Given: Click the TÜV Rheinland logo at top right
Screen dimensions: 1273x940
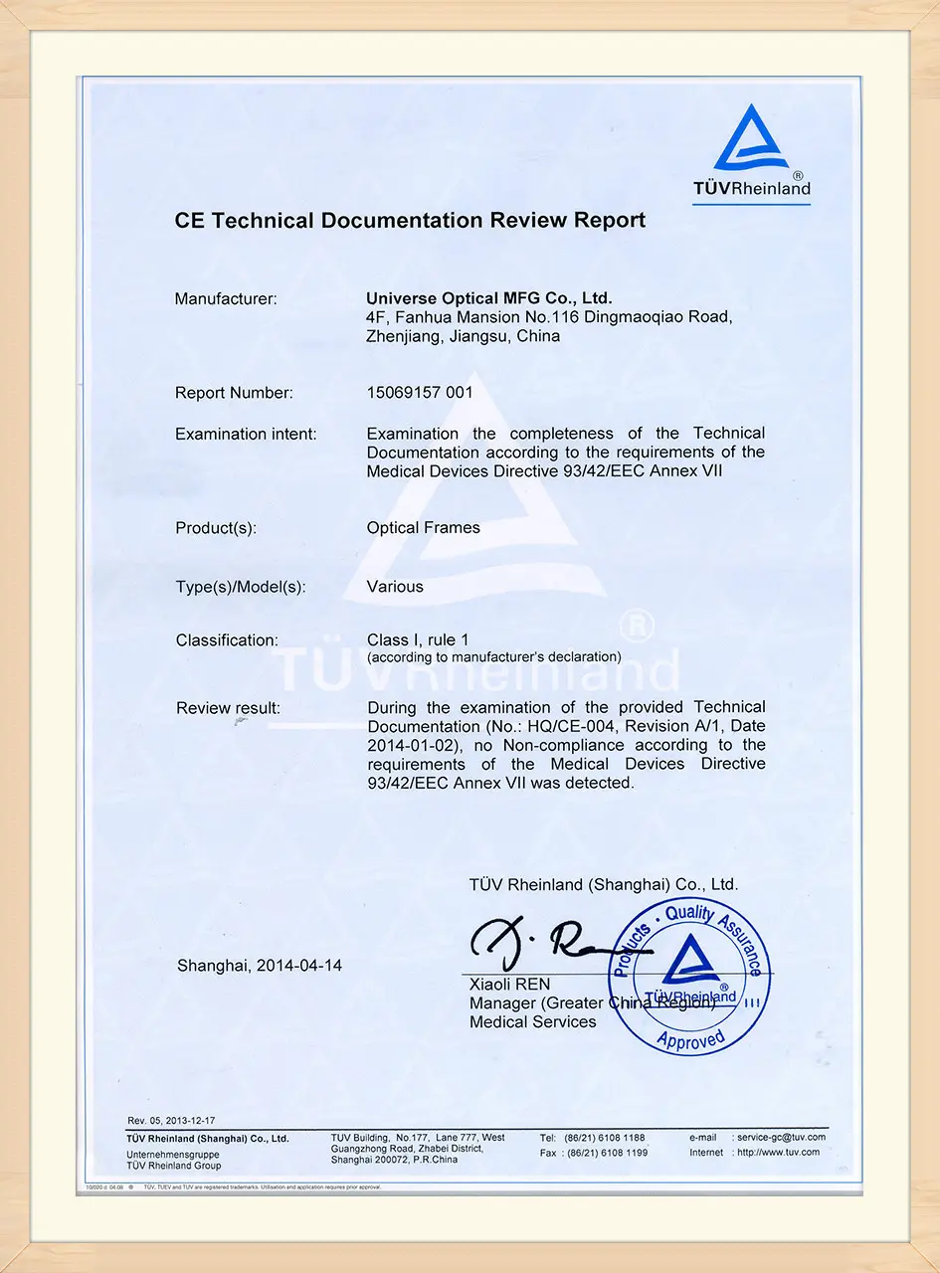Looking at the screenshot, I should click(x=752, y=153).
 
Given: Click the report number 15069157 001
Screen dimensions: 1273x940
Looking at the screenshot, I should click(x=420, y=393).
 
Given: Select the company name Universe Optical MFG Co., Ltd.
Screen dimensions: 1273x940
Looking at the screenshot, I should click(x=489, y=297).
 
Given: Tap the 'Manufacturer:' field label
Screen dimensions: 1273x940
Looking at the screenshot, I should click(x=226, y=298).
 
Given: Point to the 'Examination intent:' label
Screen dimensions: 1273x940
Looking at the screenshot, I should click(x=246, y=434).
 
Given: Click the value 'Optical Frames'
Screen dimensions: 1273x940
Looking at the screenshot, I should click(x=423, y=528).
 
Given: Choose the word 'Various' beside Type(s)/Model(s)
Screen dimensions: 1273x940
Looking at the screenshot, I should click(x=395, y=587).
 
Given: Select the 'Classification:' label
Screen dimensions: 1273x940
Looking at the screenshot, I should click(x=227, y=640).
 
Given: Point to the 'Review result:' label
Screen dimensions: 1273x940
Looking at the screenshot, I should click(x=228, y=708).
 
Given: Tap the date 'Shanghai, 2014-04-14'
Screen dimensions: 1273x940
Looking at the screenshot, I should click(x=260, y=965).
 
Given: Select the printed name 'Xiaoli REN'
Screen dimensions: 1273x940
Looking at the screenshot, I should click(x=509, y=984).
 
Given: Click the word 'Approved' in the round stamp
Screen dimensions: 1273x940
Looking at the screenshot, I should click(x=690, y=1039).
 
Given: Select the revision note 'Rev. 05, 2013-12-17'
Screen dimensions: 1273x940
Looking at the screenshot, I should click(x=171, y=1121).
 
